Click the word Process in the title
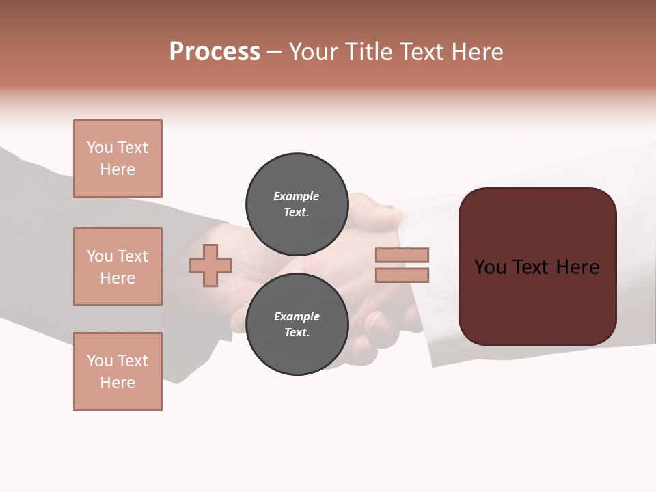tap(215, 52)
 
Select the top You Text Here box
tap(118, 159)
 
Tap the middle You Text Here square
tap(118, 266)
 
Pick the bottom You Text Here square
tap(118, 372)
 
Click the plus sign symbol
tap(210, 265)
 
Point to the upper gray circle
tap(297, 204)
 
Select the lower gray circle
tap(297, 324)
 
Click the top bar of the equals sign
tap(402, 255)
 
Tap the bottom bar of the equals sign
tap(402, 275)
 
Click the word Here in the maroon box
tap(577, 267)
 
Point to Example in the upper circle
tap(297, 196)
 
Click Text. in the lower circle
tap(297, 332)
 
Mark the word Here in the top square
tap(118, 169)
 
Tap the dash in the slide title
tap(274, 52)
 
